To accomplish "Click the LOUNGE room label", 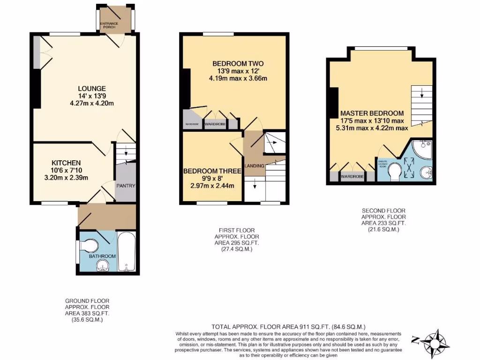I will point(91,89).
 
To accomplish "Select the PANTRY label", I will point(126,186).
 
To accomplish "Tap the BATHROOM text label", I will point(103,256).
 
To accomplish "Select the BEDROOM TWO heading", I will point(238,64).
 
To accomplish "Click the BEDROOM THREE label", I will point(212,171).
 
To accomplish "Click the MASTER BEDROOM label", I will point(372,113).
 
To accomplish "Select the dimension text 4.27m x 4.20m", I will point(92,103).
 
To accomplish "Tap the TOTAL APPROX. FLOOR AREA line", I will point(288,327).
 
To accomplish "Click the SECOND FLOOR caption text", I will point(383,211).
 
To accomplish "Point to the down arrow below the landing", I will point(255,186).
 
